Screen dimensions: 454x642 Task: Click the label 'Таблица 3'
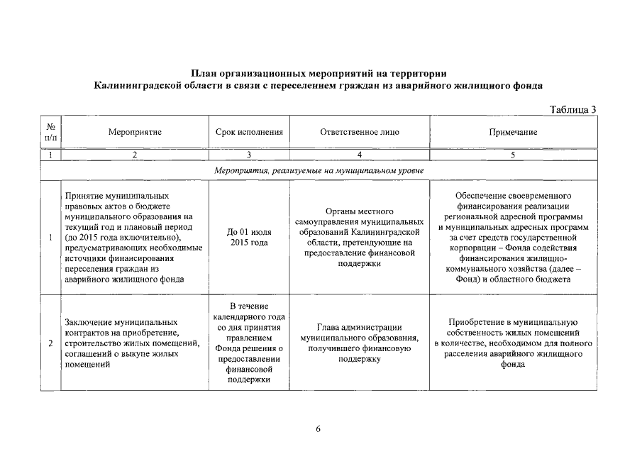click(x=573, y=109)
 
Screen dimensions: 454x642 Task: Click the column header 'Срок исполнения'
click(x=249, y=132)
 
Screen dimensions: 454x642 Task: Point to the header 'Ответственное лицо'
click(x=360, y=132)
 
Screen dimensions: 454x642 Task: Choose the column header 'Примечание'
click(x=513, y=132)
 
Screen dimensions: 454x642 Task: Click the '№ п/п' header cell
click(x=50, y=132)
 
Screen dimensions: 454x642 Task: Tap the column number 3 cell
click(x=249, y=154)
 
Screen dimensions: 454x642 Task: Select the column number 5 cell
click(x=513, y=154)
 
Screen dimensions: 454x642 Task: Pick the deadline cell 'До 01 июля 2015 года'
click(x=249, y=237)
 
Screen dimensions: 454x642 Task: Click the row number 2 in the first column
click(x=50, y=344)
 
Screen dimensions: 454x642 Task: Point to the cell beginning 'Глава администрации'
click(x=360, y=343)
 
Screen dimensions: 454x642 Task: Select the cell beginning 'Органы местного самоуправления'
click(x=360, y=237)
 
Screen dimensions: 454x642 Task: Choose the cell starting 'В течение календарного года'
click(x=249, y=343)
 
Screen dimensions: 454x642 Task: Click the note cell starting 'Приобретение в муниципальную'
click(x=513, y=343)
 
